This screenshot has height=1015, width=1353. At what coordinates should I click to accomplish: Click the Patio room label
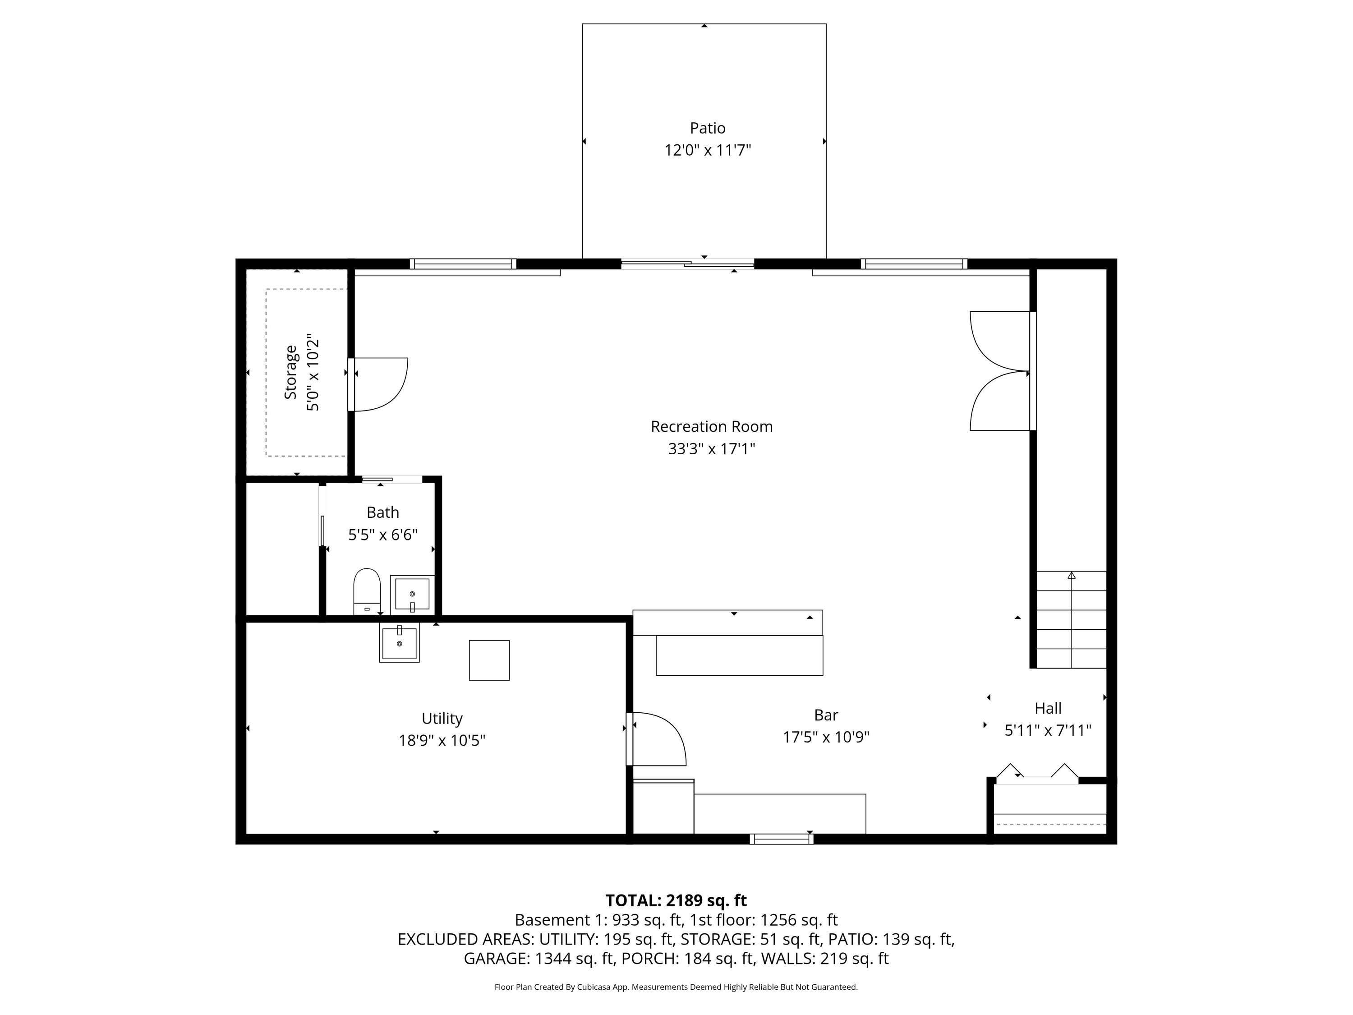[708, 128]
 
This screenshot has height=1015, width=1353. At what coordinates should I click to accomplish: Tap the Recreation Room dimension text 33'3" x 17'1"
[711, 449]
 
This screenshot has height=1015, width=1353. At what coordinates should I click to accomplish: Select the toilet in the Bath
[367, 591]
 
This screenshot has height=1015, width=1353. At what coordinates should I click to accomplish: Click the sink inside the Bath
[412, 594]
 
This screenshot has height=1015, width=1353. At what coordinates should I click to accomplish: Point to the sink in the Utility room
[400, 643]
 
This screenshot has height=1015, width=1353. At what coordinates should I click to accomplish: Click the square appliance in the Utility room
[489, 660]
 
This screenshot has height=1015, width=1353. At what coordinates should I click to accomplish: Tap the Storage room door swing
[381, 384]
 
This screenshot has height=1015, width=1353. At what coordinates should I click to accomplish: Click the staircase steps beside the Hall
[1071, 619]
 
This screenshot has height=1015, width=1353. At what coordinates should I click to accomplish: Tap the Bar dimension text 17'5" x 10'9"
[826, 737]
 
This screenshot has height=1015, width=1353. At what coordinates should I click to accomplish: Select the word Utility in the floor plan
[442, 718]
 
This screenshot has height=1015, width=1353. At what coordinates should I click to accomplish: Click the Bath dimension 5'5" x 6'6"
[383, 535]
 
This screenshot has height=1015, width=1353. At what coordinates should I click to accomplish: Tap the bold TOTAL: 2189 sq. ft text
[676, 900]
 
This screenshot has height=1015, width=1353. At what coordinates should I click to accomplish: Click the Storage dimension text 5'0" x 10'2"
[313, 372]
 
